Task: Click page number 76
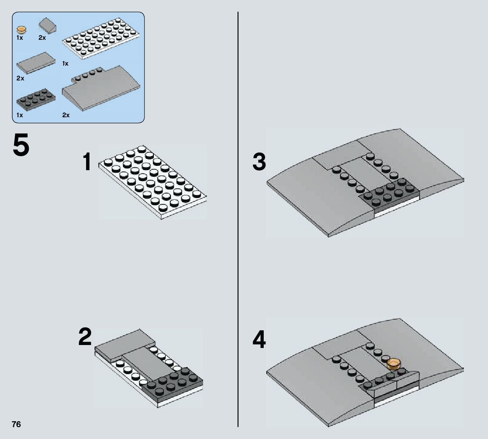click(x=16, y=425)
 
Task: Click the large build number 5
click(x=21, y=145)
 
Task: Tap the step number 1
click(x=87, y=163)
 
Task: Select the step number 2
click(x=85, y=337)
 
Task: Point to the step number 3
click(x=259, y=162)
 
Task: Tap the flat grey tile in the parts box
click(x=36, y=63)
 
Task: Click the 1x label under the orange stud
click(x=20, y=38)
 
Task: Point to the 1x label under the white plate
click(x=65, y=64)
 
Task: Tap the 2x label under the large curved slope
click(x=66, y=115)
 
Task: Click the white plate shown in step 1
click(x=153, y=182)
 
